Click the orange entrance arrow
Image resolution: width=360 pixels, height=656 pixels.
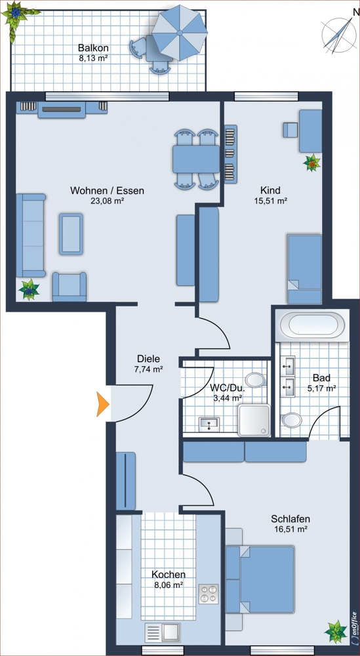(102, 404)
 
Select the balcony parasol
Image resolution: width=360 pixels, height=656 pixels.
(180, 33)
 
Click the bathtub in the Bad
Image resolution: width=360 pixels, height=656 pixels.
(313, 325)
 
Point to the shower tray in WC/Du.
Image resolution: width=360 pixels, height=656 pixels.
(253, 420)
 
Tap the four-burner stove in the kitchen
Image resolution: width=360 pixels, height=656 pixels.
(209, 594)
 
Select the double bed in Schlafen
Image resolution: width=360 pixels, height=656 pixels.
(260, 579)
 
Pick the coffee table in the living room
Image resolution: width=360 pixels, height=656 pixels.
(71, 234)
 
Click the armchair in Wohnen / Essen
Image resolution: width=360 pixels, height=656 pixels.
(70, 287)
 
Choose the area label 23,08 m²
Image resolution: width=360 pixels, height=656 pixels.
(108, 200)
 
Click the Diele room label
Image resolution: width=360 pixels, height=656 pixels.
(148, 359)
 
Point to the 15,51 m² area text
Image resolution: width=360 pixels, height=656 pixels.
(270, 200)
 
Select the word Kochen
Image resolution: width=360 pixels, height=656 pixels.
(169, 575)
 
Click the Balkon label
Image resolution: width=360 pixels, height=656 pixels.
(93, 48)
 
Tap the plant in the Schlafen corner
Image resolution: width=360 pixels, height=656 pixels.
(336, 631)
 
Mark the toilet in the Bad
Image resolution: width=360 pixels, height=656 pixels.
(291, 420)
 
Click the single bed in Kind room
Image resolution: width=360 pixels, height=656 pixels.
(304, 269)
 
